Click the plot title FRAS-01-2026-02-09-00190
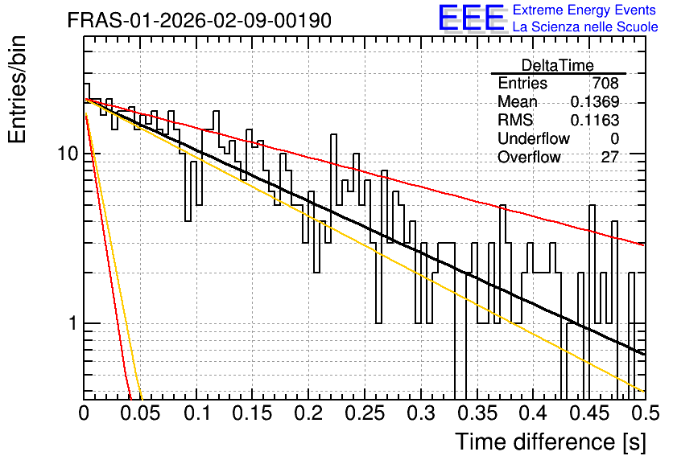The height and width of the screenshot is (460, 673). point(200,20)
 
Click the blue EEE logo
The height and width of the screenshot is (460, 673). point(472,18)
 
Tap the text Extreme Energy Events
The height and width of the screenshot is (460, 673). point(584,10)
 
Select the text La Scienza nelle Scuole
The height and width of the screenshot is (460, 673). point(585,27)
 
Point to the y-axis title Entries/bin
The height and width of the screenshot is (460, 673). point(17,89)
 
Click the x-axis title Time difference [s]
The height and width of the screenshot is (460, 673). point(551,442)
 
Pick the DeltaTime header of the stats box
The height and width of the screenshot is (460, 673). point(558,65)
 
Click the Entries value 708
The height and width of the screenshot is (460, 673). point(605,83)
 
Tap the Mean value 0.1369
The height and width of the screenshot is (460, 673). point(594,101)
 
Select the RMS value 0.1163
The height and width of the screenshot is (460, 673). point(594,120)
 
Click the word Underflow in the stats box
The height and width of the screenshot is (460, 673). point(534,138)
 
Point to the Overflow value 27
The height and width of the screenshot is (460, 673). point(610,157)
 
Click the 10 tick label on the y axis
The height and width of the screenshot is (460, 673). point(68,154)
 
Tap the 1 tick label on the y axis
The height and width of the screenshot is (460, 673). point(72,322)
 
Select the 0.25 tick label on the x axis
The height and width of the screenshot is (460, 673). point(365,413)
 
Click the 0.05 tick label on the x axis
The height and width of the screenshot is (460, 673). point(140,413)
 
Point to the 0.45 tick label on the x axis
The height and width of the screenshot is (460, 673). point(589,413)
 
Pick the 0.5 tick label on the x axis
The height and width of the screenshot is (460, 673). point(646,413)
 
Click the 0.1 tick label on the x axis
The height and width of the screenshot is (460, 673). point(198,413)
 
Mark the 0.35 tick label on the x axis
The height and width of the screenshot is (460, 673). point(477,413)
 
